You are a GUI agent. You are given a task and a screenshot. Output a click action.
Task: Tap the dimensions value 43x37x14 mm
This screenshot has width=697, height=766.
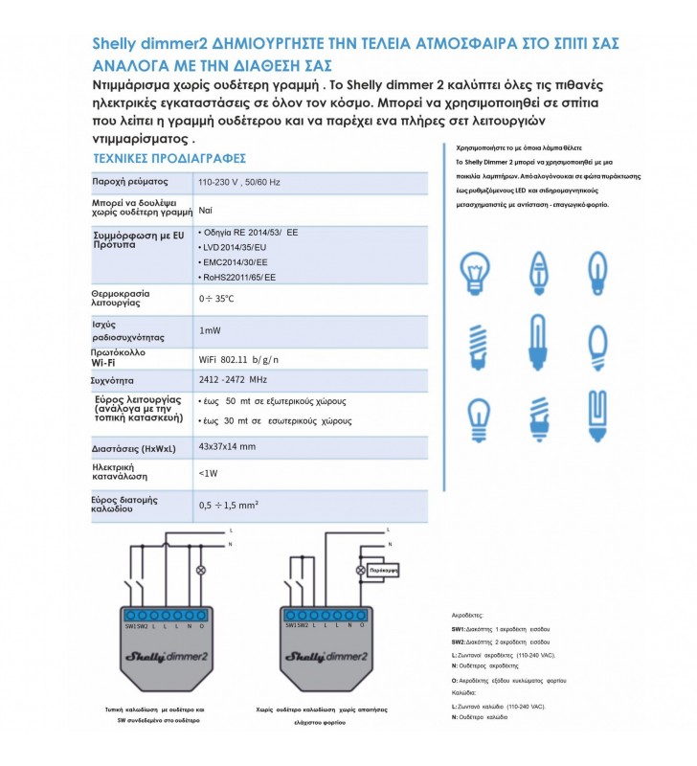pos(227,447)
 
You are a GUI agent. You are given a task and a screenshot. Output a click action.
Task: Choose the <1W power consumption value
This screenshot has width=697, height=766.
pos(208,472)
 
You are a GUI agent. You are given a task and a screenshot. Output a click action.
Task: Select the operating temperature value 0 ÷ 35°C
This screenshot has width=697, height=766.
pos(215,299)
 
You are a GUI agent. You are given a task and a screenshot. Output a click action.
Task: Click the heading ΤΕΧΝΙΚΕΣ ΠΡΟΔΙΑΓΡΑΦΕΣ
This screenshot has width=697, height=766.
pos(169,158)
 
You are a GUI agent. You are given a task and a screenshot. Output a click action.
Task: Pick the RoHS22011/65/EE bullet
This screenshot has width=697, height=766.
pos(236,277)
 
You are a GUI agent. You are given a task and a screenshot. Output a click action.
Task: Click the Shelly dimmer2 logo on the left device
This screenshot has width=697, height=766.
pos(166,656)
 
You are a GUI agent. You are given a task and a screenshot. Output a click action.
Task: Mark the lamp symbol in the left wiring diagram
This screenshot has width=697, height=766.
pos(200,571)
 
